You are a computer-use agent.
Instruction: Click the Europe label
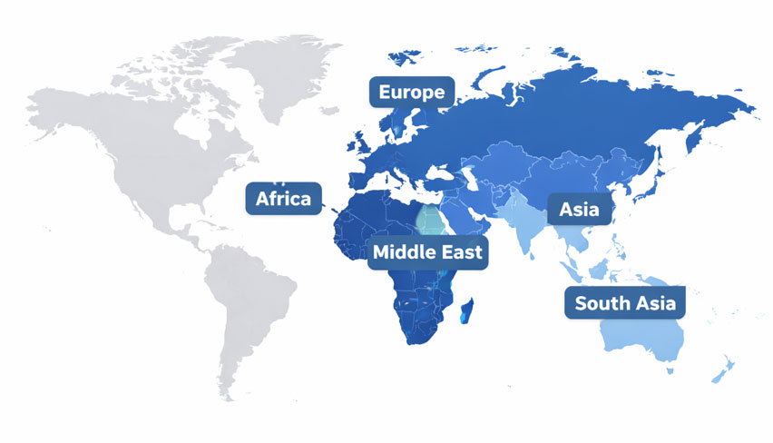[411, 92]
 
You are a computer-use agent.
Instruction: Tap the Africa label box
[283, 199]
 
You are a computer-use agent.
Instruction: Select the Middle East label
[428, 251]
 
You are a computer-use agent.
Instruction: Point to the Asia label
[579, 210]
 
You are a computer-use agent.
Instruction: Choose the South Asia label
[625, 303]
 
